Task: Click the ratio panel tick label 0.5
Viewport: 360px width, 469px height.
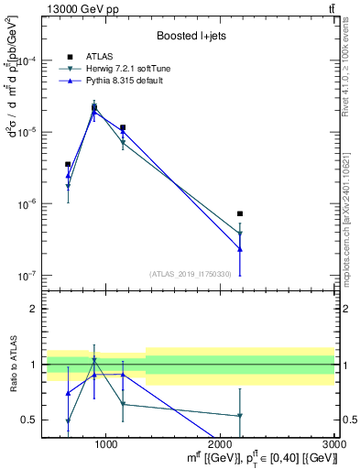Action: (35, 420)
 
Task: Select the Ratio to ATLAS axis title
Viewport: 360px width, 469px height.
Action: (13, 364)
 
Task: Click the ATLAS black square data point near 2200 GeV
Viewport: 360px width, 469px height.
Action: (240, 213)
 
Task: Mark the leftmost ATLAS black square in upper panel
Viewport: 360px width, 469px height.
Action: (68, 164)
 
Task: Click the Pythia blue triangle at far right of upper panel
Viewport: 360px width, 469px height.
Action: (240, 248)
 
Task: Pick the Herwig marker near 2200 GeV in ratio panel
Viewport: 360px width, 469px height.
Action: (240, 416)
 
